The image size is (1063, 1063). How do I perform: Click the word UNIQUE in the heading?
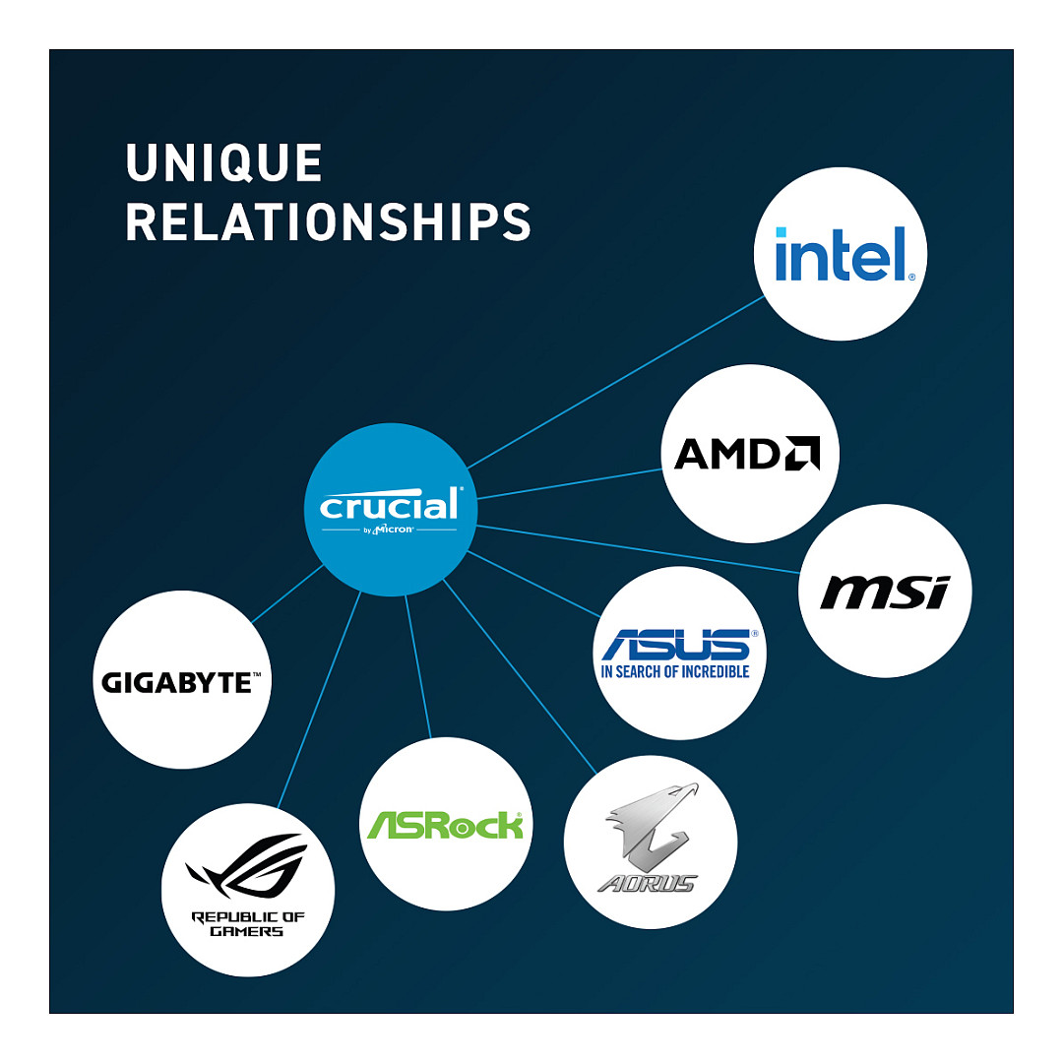(224, 163)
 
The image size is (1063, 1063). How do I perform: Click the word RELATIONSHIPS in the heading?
(328, 222)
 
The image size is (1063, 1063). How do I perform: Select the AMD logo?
(748, 454)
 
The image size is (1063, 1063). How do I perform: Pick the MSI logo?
(884, 593)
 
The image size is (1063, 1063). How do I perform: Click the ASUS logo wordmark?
(680, 645)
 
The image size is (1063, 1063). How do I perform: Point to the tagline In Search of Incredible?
(675, 671)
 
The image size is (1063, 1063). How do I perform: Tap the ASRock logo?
(444, 824)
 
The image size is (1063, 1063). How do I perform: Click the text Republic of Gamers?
(247, 923)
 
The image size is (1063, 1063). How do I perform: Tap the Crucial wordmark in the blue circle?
(390, 506)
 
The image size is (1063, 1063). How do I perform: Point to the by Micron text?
(390, 531)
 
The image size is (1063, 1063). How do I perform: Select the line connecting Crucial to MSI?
(640, 549)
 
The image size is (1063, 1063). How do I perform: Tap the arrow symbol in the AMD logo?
(801, 454)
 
